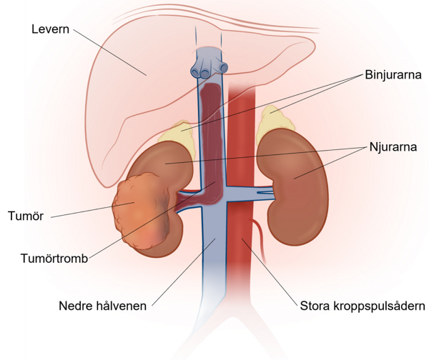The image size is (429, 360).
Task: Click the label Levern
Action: tap(50, 29)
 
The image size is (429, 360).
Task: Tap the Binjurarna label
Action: tap(393, 74)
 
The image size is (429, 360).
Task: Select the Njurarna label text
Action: tap(393, 147)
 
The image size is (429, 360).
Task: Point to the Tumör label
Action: tap(26, 216)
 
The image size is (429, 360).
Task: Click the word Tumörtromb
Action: tap(54, 259)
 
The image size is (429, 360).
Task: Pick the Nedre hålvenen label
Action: tap(102, 306)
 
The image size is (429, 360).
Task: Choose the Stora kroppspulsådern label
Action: tap(363, 306)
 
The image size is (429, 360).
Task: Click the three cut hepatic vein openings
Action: tap(209, 71)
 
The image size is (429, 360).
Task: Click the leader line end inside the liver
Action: tap(146, 75)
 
